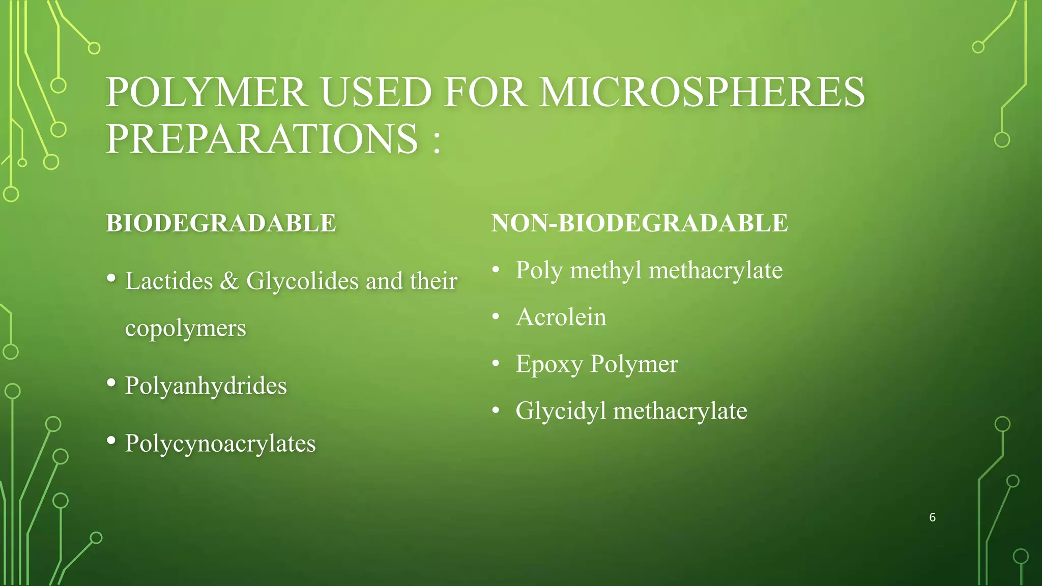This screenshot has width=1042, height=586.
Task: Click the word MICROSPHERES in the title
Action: click(x=702, y=93)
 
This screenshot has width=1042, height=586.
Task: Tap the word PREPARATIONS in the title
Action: click(x=262, y=139)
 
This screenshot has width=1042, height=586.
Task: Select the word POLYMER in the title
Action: click(x=206, y=93)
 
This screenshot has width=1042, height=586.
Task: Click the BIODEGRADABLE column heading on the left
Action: click(x=221, y=223)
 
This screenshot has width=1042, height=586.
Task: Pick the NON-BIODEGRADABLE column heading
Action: click(x=640, y=223)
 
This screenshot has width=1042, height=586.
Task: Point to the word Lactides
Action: click(x=169, y=281)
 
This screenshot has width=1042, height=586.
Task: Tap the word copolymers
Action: click(x=186, y=328)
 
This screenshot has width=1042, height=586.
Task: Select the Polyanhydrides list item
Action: click(x=206, y=386)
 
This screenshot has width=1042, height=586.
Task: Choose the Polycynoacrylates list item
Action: click(x=220, y=444)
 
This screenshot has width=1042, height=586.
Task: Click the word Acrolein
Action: click(x=561, y=317)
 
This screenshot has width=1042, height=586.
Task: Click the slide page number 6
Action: click(x=932, y=517)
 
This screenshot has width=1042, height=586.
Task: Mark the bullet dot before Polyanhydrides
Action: click(x=111, y=383)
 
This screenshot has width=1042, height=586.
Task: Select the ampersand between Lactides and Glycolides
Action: click(x=229, y=281)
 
